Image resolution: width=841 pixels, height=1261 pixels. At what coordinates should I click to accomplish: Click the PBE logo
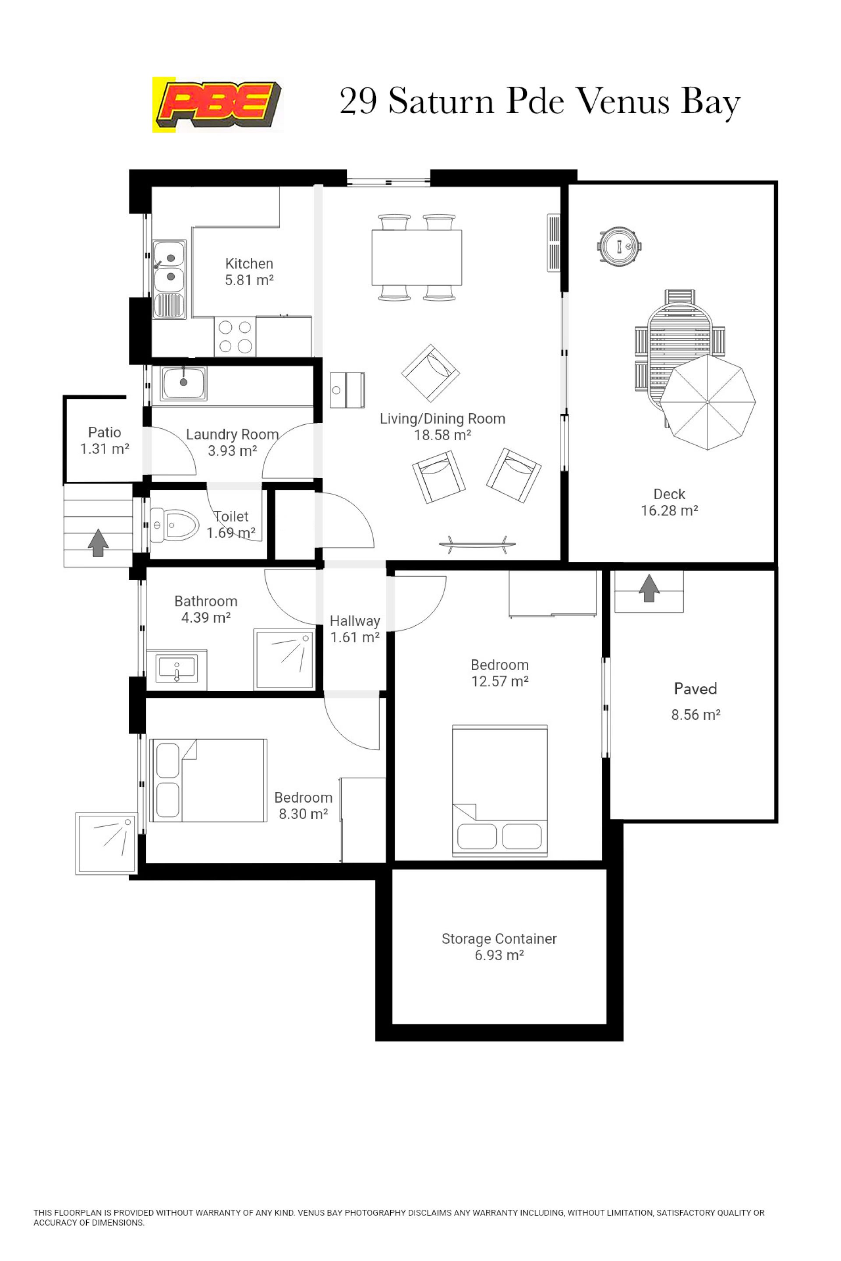click(218, 105)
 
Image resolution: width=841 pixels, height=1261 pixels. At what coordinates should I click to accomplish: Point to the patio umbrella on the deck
click(707, 402)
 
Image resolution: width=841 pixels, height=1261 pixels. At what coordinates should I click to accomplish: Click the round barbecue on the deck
click(620, 247)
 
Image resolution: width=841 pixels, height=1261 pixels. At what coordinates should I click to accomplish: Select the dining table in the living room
click(417, 257)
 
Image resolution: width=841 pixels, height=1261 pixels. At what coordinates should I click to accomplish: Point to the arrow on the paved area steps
click(649, 588)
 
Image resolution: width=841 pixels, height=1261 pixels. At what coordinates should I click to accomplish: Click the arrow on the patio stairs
click(98, 542)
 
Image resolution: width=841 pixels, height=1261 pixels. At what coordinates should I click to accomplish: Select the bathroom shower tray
click(284, 659)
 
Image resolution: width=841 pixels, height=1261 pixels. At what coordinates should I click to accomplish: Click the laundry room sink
click(184, 384)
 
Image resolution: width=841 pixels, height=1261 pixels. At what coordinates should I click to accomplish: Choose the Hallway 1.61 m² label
click(355, 629)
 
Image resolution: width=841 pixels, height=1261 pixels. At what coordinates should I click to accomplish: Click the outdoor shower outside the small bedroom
click(107, 843)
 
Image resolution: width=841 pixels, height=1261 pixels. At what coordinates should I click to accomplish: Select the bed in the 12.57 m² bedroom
click(500, 790)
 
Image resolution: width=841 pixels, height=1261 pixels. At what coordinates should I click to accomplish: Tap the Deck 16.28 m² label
click(669, 502)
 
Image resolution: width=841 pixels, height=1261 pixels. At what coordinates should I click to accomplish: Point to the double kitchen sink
click(170, 279)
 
